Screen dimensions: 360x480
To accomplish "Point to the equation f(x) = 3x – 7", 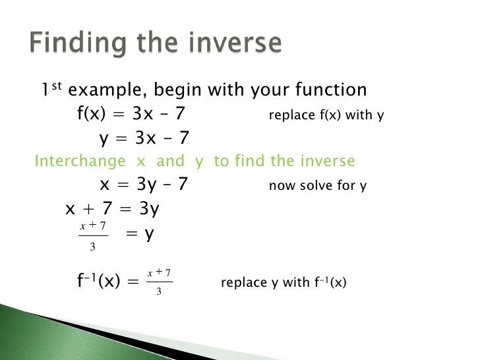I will point(131,114).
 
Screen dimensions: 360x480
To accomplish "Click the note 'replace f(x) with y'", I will point(326,115).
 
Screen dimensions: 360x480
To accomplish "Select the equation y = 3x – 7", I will point(144,138).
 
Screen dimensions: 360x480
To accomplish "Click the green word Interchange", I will point(80,161).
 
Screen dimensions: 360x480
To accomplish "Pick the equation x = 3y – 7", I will point(144,185).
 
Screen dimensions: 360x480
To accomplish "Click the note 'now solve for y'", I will point(317,186).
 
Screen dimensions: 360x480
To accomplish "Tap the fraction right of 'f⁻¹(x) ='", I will point(160,282).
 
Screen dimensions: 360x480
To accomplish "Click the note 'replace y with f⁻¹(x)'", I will point(284,283).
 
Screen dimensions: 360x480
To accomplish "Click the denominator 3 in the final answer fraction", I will point(159,291).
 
